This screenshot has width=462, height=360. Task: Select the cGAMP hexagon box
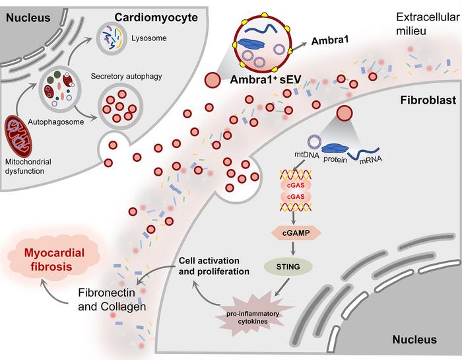coord(295,233)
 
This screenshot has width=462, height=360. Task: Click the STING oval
coord(295,268)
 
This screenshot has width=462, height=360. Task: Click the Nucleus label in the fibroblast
coord(414,340)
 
